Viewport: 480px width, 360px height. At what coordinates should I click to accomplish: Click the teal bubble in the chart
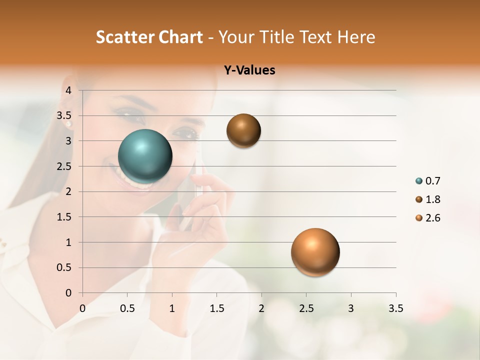click(x=145, y=156)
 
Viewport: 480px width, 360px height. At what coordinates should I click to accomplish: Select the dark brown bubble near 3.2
click(x=243, y=130)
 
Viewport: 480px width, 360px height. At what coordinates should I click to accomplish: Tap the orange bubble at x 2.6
click(x=315, y=252)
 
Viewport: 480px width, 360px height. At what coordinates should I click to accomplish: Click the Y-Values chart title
click(x=249, y=70)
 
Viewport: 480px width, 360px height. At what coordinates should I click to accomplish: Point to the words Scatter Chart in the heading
click(x=149, y=37)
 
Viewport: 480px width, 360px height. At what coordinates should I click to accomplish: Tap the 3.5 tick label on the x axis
click(x=395, y=308)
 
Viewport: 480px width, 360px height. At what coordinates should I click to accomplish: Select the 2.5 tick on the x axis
click(x=306, y=308)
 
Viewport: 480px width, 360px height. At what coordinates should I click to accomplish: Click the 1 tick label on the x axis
click(x=172, y=308)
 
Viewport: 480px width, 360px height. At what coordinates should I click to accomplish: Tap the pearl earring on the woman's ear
click(x=68, y=123)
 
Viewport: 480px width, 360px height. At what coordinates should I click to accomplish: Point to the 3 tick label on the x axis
click(x=351, y=308)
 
